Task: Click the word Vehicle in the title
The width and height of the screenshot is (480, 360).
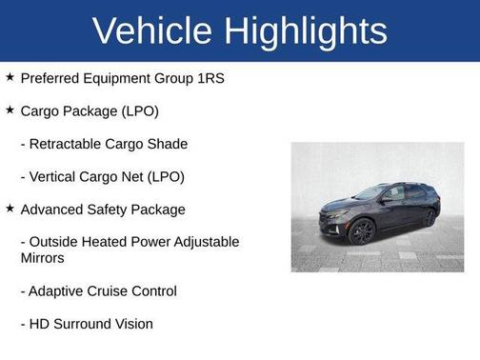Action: [152, 31]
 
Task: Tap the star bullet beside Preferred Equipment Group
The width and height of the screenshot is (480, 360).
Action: [10, 77]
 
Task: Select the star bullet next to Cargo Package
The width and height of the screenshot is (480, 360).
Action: [10, 110]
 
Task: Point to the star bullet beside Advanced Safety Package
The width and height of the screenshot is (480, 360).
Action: [10, 209]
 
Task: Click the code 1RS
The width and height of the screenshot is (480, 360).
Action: [209, 78]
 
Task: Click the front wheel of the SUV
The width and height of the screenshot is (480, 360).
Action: [362, 231]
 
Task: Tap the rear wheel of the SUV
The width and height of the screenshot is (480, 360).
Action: [429, 217]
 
